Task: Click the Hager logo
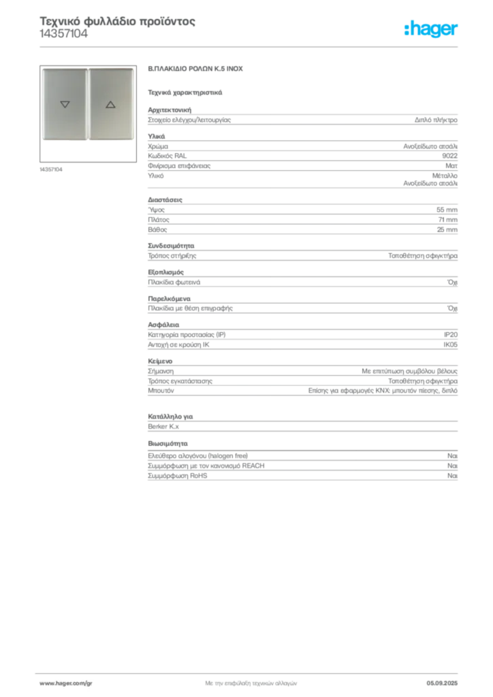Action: (431, 29)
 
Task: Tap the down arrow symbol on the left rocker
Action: (65, 104)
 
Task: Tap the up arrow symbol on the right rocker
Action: (111, 104)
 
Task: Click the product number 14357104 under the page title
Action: (63, 34)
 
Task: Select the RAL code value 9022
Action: (449, 156)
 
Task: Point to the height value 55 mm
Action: (447, 210)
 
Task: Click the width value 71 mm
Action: (447, 220)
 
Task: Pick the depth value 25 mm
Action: (447, 230)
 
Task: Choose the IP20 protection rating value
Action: (450, 335)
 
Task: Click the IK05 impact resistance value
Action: (450, 344)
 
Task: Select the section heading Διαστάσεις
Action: (165, 200)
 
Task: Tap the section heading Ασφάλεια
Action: (163, 325)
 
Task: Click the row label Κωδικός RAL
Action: (167, 156)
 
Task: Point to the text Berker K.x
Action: (163, 427)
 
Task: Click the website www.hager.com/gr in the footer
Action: (66, 683)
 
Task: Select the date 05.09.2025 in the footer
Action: (442, 683)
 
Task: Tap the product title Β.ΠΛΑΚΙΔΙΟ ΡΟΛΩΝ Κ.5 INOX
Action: (195, 69)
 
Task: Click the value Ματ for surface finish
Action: (451, 166)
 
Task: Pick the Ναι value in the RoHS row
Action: (452, 476)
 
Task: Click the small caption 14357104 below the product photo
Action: (51, 169)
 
